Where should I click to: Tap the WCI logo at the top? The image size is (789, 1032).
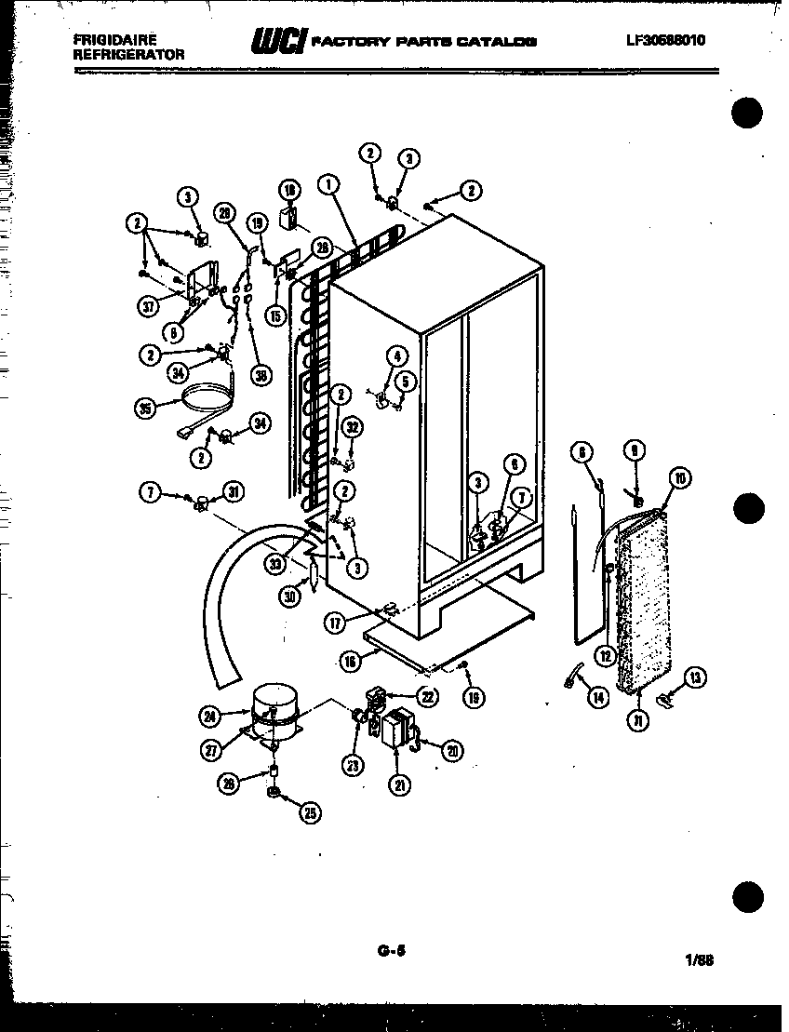pos(275,42)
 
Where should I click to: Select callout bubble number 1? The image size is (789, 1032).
pos(328,184)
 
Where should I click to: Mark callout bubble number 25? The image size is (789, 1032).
pos(309,812)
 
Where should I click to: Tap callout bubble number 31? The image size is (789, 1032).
pos(233,493)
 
